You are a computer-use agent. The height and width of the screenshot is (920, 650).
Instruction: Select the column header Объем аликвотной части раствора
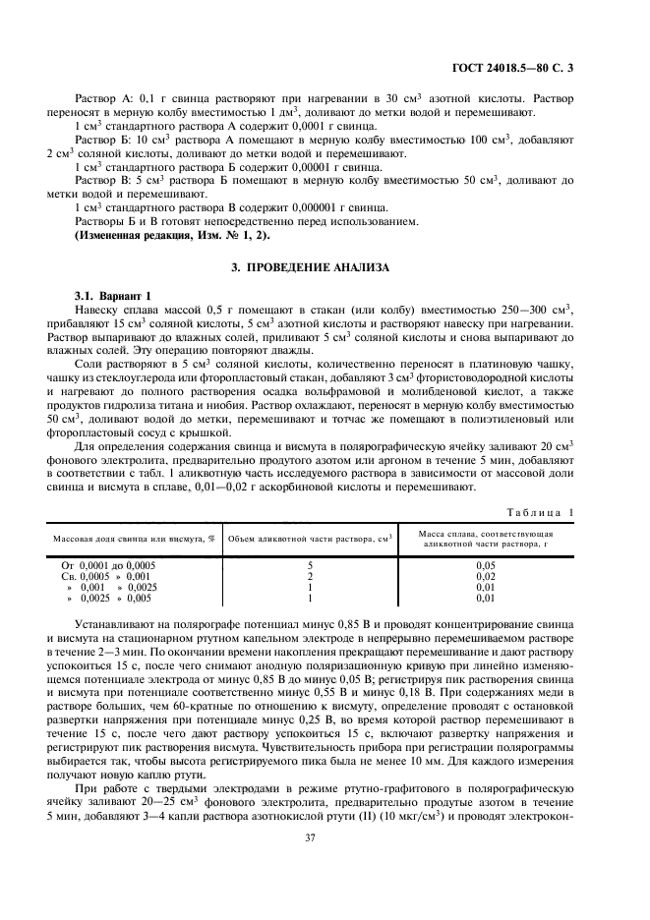click(310, 537)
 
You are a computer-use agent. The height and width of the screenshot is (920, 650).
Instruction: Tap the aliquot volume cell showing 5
click(310, 566)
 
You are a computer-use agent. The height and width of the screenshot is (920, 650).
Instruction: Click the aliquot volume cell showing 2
click(310, 577)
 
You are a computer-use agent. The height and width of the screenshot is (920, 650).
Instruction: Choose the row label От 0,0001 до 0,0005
click(108, 566)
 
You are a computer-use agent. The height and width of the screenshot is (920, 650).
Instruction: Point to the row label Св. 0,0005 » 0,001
click(106, 577)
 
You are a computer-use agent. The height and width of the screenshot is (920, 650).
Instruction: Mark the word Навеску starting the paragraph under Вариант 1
click(99, 311)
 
